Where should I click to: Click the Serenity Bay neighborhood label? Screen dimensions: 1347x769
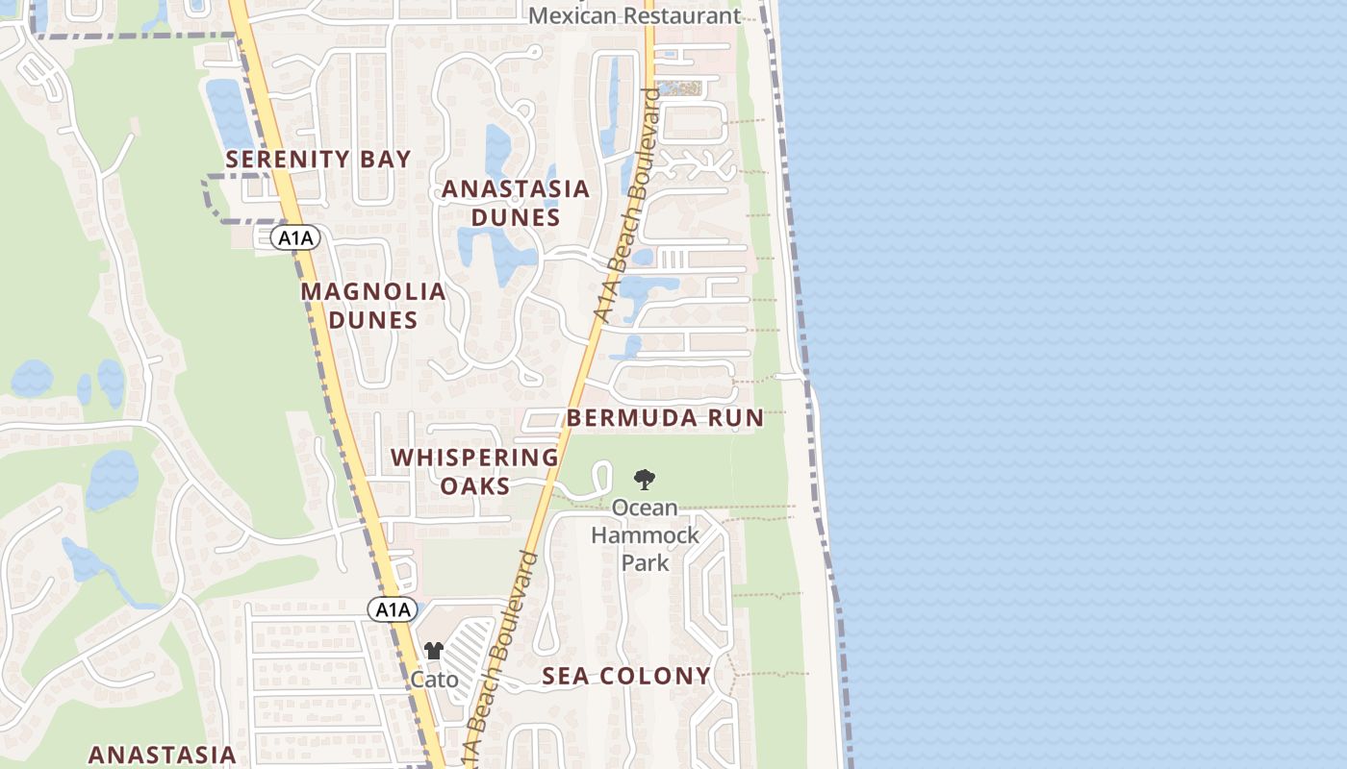[x=318, y=160]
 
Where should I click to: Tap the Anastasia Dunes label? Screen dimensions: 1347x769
[x=516, y=203]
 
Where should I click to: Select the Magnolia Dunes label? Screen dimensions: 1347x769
[x=373, y=306]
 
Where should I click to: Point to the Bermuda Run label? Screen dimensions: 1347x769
[x=665, y=418]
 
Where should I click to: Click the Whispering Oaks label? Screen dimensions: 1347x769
[x=475, y=471]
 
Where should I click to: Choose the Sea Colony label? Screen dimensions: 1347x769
[x=626, y=677]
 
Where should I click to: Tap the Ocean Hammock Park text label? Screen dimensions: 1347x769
[x=645, y=534]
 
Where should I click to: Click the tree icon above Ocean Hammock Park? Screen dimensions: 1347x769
[x=645, y=479]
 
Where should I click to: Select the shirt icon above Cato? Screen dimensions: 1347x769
[x=434, y=652]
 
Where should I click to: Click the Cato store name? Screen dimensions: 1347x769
[x=434, y=680]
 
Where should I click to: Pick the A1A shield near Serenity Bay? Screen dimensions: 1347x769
[x=294, y=237]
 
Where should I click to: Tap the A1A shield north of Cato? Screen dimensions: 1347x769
[x=393, y=609]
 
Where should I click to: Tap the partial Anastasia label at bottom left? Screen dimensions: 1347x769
[x=162, y=755]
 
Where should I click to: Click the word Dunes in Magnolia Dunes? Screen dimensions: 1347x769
[x=373, y=320]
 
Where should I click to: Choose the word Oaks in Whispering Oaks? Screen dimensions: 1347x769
[x=475, y=485]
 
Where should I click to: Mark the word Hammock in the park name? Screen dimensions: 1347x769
[x=645, y=534]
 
